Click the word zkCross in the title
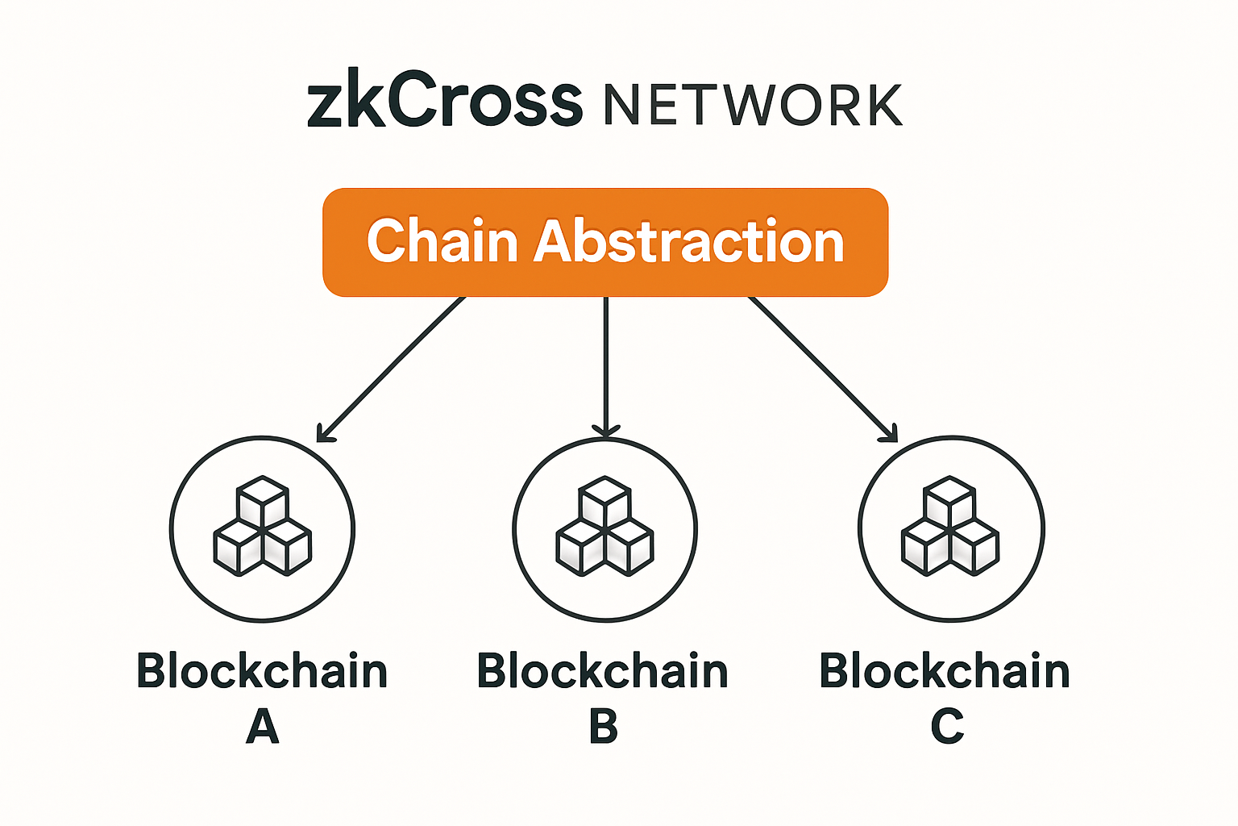(444, 102)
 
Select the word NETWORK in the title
(753, 105)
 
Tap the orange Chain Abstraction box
(605, 242)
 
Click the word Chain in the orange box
(442, 241)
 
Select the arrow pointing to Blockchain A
(393, 368)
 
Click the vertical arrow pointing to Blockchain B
(605, 363)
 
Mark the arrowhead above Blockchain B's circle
(605, 430)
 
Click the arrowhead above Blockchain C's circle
(888, 434)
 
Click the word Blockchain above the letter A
(262, 671)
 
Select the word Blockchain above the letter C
(945, 671)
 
